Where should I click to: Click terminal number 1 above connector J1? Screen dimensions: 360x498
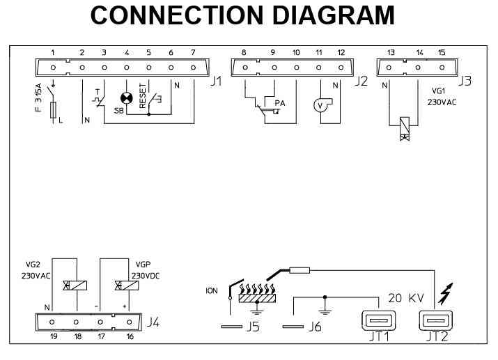53,52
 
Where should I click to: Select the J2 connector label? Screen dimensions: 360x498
360,81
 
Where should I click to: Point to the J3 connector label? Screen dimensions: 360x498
465,81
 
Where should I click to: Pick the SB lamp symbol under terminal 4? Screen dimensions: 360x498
127,99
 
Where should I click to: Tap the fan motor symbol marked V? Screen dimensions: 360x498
321,105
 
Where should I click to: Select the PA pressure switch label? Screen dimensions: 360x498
280,103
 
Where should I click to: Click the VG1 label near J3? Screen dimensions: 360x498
438,91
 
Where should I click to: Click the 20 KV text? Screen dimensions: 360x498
406,298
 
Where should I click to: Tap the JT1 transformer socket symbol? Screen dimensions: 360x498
377,321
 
